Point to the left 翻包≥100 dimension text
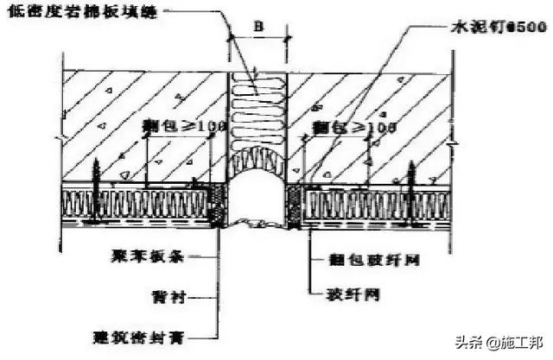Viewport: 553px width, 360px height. (x=184, y=126)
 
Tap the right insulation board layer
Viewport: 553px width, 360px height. (x=380, y=205)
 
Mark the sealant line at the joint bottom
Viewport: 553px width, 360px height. (x=257, y=225)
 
